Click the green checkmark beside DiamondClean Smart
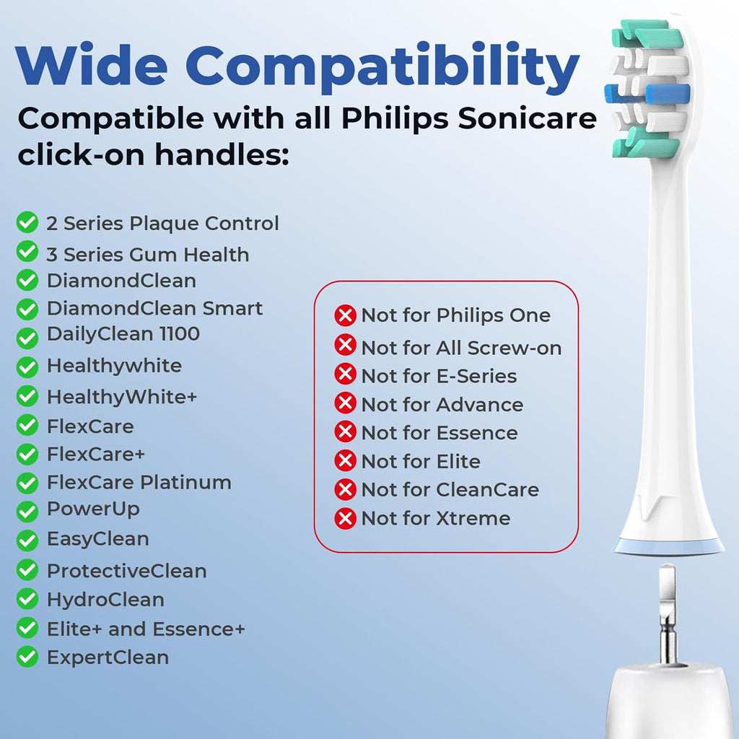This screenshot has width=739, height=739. [27, 310]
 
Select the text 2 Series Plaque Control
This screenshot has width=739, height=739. [162, 224]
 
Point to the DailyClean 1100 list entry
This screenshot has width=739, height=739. [123, 334]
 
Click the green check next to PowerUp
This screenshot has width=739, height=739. [27, 511]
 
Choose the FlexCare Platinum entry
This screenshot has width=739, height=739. [139, 482]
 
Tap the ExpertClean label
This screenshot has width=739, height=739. [108, 657]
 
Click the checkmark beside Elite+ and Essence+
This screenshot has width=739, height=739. [27, 629]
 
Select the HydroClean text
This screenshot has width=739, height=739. [105, 600]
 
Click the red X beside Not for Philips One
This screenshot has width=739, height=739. [346, 315]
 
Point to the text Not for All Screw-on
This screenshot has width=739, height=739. [461, 348]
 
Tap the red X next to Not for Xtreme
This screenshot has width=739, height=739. [346, 518]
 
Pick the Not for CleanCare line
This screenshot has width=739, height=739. [450, 490]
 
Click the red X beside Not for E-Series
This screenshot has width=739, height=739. [346, 375]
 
